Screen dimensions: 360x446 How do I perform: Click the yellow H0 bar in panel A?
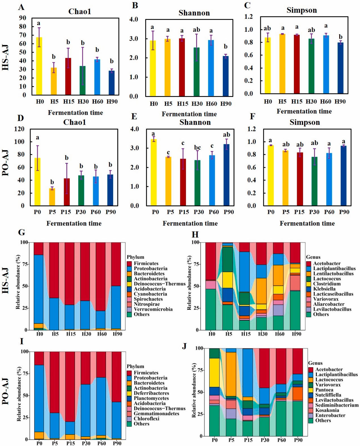coord(39,66)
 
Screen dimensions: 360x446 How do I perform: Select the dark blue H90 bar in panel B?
coord(226,76)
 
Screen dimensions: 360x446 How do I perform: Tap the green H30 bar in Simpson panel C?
coord(311,66)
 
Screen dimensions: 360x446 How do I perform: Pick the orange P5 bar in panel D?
coord(52,197)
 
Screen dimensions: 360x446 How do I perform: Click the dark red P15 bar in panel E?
coord(183,182)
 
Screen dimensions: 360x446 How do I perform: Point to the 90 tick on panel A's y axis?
coord(23,18)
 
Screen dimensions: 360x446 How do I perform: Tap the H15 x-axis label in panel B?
coord(183,104)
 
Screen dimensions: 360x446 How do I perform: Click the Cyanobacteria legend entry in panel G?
coord(151,294)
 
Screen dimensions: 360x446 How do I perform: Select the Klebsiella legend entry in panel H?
coord(324,289)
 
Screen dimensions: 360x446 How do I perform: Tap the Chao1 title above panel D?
coord(75,122)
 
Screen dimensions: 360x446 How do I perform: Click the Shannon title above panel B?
coord(194,13)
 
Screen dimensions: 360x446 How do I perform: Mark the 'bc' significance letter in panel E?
coord(197,147)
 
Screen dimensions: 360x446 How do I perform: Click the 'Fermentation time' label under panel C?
coord(304,111)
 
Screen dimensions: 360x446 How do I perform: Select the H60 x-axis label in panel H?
coord(279,334)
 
